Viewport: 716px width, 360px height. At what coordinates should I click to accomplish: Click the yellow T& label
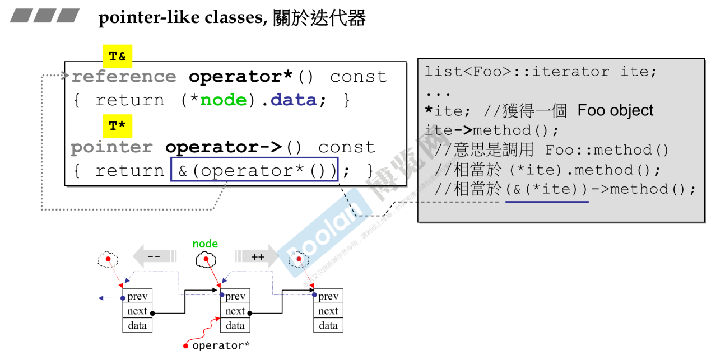[x=117, y=57]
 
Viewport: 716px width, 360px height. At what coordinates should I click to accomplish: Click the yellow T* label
[x=117, y=126]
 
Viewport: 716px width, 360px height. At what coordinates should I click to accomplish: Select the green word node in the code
[x=224, y=100]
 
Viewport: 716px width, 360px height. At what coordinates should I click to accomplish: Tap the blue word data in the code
[x=293, y=100]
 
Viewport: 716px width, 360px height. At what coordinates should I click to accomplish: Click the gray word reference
[x=123, y=77]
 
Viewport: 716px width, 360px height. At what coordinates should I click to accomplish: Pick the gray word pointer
[x=111, y=147]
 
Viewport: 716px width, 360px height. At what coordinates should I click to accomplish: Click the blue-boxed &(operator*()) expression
[x=255, y=170]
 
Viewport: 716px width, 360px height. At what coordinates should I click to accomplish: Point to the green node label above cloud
[x=205, y=244]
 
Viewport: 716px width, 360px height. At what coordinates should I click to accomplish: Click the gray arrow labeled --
[x=154, y=257]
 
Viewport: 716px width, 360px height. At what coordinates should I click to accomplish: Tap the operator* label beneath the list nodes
[x=221, y=346]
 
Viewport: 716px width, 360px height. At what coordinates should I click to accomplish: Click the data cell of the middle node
[x=235, y=325]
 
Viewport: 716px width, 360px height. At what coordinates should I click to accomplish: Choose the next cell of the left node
[x=137, y=311]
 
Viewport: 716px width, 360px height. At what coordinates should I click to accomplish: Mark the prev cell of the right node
[x=328, y=296]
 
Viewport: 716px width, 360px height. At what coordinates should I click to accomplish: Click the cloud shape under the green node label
[x=206, y=259]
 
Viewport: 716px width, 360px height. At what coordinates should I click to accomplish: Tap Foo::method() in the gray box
[x=607, y=150]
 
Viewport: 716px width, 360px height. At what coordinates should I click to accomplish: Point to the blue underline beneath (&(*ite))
[x=547, y=202]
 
